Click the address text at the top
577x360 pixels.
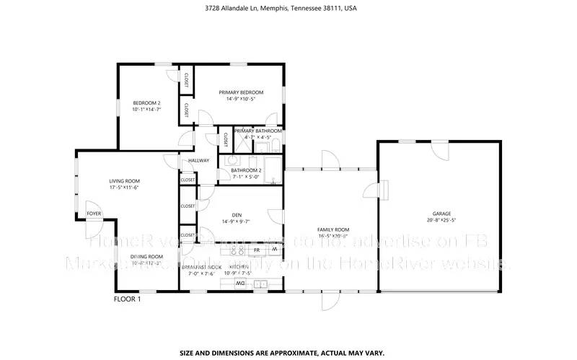point(289,9)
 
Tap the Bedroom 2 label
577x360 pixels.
point(146,103)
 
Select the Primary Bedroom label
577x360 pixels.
point(242,92)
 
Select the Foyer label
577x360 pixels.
point(94,214)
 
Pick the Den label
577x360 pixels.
point(237,215)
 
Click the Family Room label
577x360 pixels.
point(333,229)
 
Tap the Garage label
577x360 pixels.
point(441,214)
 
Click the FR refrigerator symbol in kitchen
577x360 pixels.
point(257,250)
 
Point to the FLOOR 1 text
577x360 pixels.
point(128,299)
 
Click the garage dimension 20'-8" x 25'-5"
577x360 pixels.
point(441,221)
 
